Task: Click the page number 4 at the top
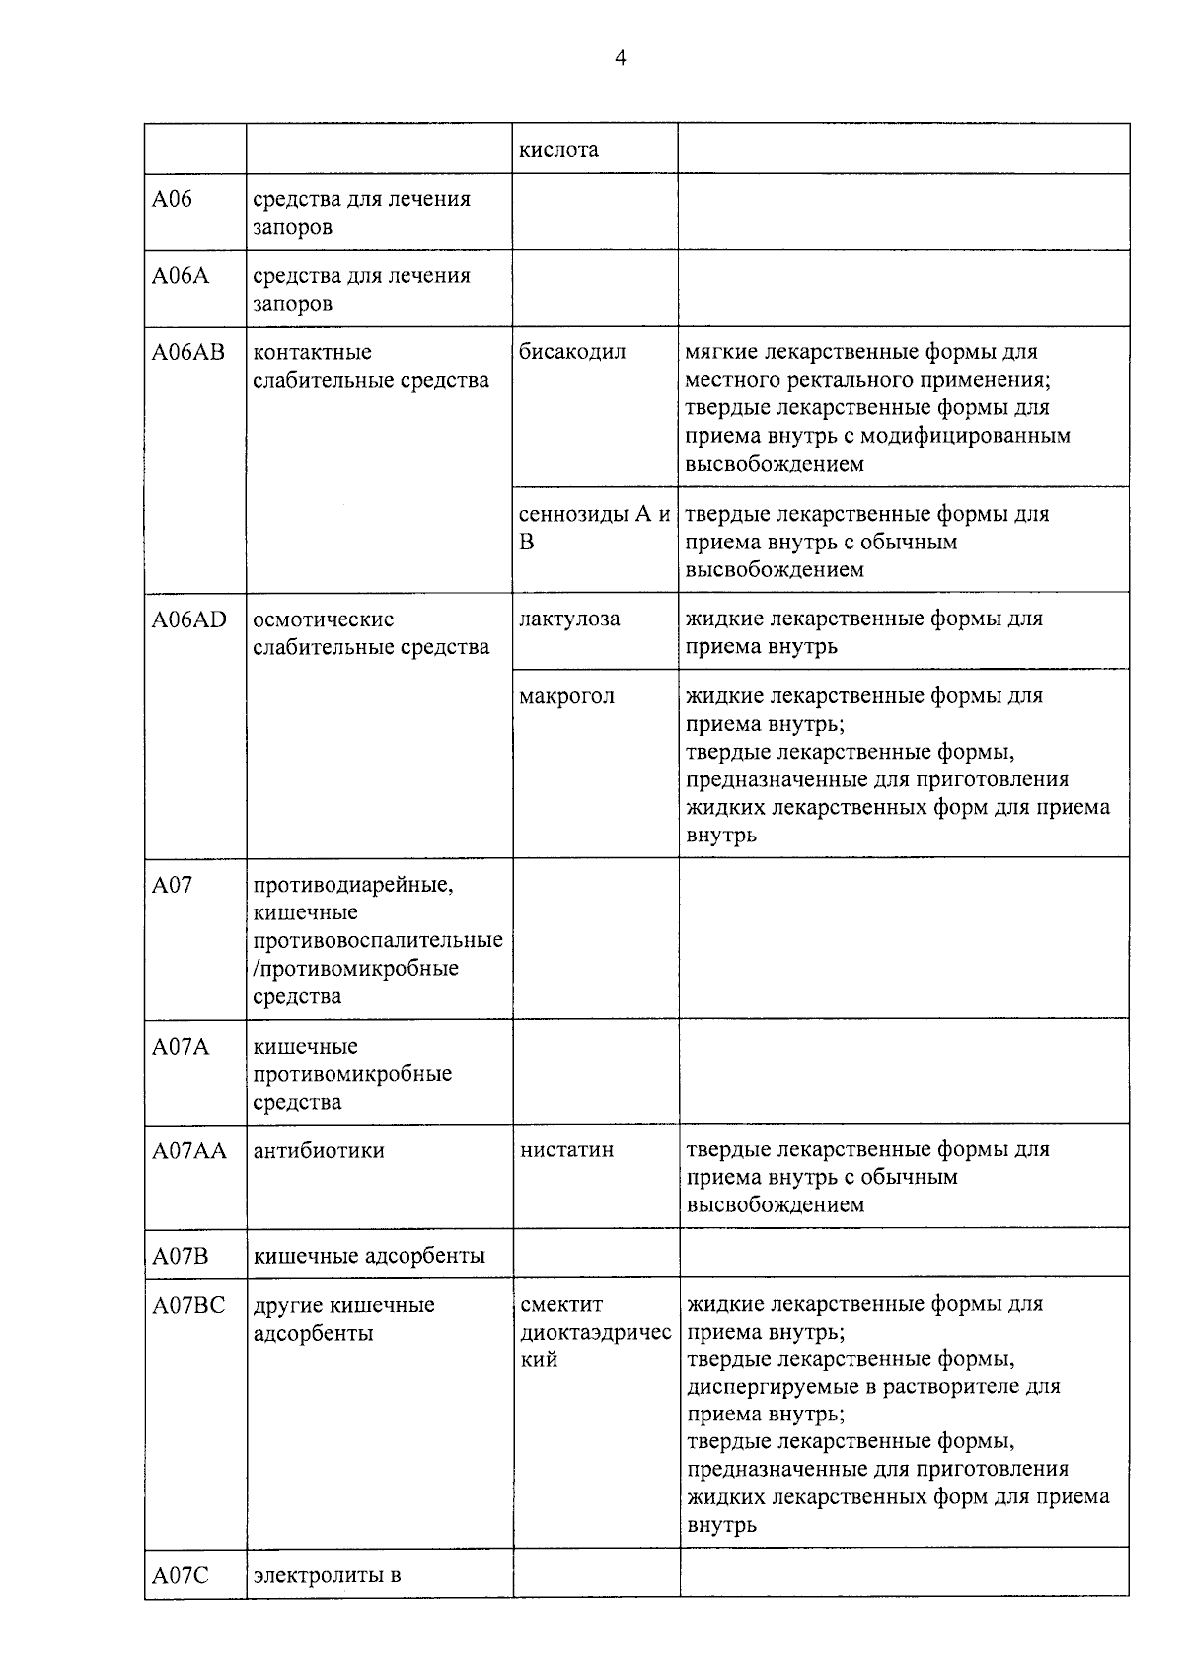(620, 58)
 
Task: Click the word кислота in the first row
(558, 150)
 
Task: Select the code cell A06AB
(187, 352)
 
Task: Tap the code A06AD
(188, 619)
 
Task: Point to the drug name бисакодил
(571, 352)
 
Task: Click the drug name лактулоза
(569, 619)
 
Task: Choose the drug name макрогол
(566, 696)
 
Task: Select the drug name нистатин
(566, 1150)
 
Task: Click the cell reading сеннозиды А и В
(594, 528)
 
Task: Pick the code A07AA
(188, 1150)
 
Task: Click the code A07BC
(187, 1305)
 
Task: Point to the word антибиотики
(319, 1150)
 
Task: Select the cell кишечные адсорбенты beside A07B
(369, 1256)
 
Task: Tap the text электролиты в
(327, 1575)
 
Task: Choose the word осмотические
(323, 619)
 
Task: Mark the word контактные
(312, 352)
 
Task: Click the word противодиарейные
(353, 885)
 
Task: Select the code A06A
(180, 275)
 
